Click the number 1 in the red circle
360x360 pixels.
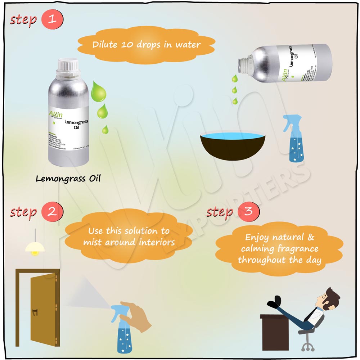(x=52, y=19)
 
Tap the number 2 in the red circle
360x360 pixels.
(x=52, y=212)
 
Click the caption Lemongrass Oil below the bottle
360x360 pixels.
(x=68, y=179)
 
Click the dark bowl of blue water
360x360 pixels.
(x=233, y=146)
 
